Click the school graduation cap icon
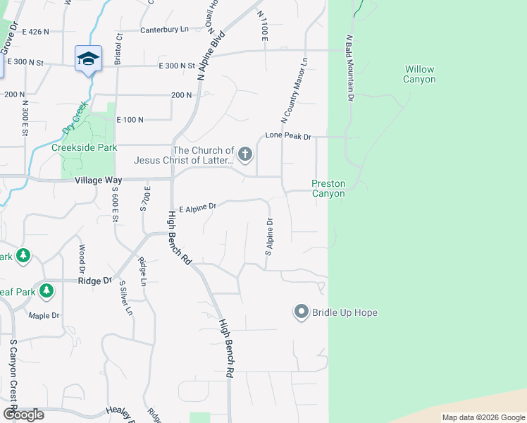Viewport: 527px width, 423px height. click(x=88, y=59)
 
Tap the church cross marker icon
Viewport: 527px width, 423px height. click(x=245, y=154)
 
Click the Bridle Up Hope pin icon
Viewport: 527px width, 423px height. click(x=302, y=312)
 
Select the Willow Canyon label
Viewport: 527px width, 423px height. click(x=418, y=74)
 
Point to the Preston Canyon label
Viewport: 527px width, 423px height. click(x=328, y=188)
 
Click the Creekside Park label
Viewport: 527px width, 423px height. click(x=84, y=147)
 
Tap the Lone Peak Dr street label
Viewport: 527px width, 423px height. click(x=287, y=136)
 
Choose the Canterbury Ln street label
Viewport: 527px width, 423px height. click(x=164, y=30)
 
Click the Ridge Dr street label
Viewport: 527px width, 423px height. click(x=94, y=281)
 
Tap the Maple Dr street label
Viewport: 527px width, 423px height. click(x=44, y=315)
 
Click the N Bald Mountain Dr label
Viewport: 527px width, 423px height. click(x=349, y=68)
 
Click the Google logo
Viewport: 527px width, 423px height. click(x=23, y=415)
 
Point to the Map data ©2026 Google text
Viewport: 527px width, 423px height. click(x=483, y=417)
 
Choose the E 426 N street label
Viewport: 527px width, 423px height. click(x=35, y=32)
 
